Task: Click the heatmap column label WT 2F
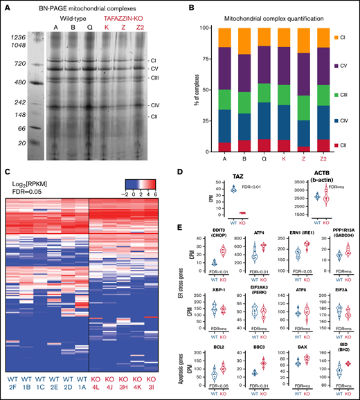point(10,385)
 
